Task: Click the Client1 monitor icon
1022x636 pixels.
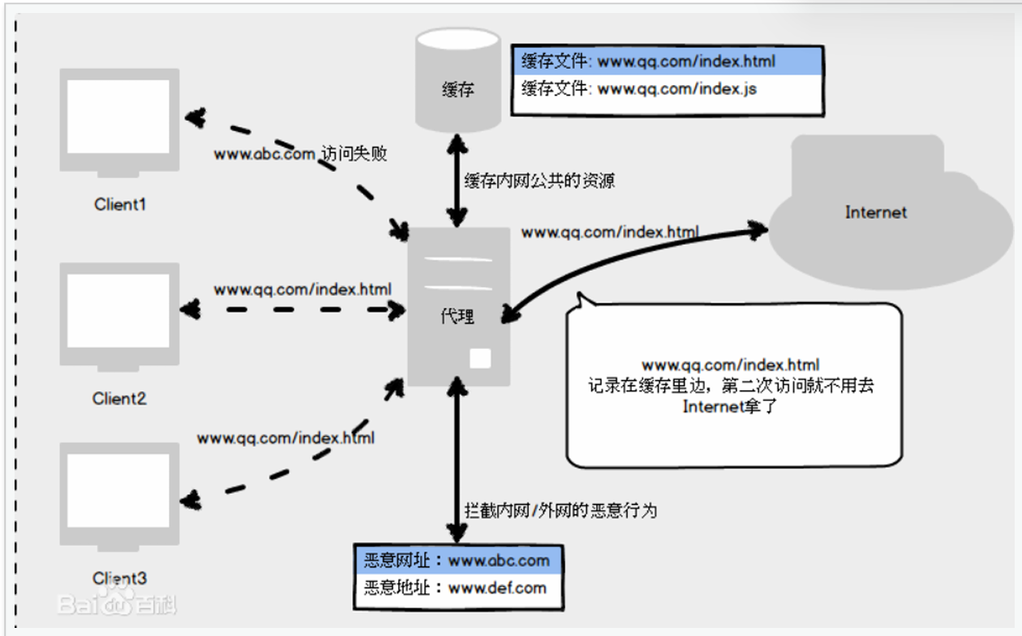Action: tap(119, 119)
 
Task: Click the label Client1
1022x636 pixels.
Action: tap(120, 204)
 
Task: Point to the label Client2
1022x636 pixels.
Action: tap(119, 398)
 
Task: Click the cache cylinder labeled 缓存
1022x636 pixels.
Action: tap(458, 81)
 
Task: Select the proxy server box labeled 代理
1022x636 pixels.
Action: tap(458, 307)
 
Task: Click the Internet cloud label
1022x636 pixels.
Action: tap(876, 213)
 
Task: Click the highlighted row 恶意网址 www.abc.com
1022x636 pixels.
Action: tap(457, 561)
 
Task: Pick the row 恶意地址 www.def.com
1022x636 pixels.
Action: tap(457, 588)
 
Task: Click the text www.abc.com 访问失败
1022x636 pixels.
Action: tap(300, 153)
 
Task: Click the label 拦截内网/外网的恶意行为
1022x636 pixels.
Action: tap(560, 510)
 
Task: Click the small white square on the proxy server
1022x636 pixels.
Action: tap(481, 358)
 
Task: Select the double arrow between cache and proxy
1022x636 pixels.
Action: tap(458, 180)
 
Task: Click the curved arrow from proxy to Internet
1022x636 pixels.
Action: tap(616, 260)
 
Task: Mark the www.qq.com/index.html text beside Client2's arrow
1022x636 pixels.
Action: tap(303, 290)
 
